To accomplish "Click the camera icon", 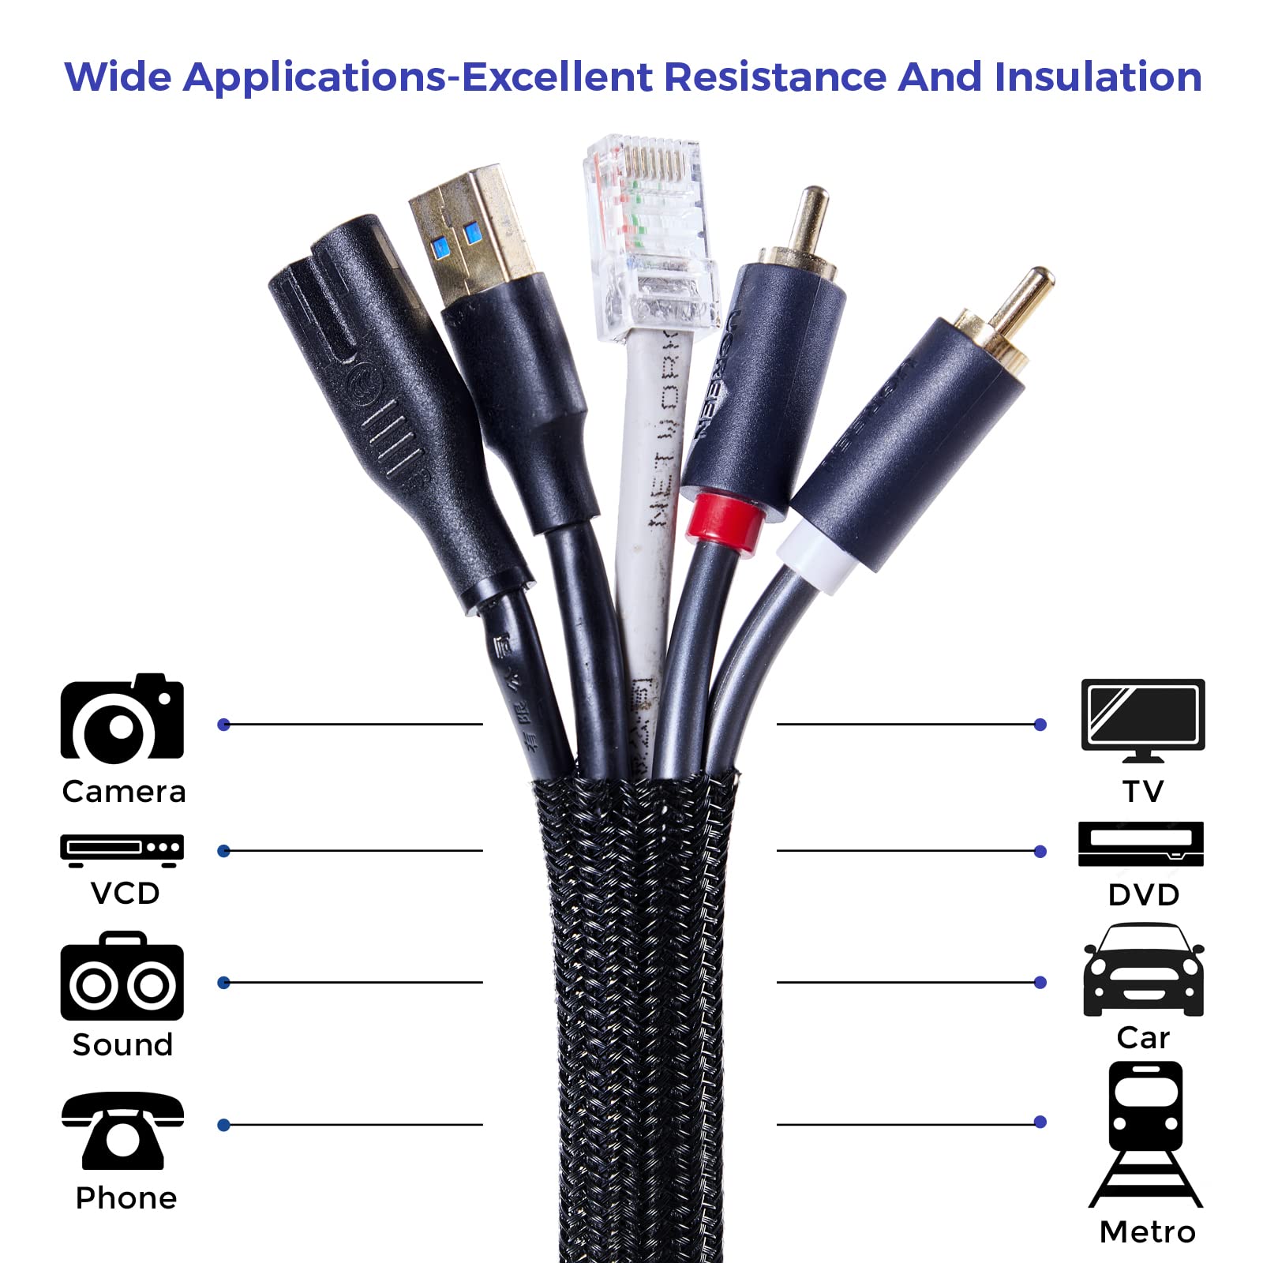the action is click(x=122, y=719).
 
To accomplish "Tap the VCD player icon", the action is click(x=122, y=849).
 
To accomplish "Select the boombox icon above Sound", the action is click(x=122, y=977).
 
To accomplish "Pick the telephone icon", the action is click(x=122, y=1130).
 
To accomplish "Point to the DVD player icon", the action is click(x=1141, y=844).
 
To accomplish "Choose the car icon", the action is click(x=1143, y=972).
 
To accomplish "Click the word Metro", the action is click(x=1147, y=1232).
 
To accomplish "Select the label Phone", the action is click(x=126, y=1198).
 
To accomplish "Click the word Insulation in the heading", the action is click(x=1097, y=77).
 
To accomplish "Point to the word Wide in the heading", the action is click(x=118, y=77).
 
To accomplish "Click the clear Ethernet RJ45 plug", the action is click(x=649, y=237).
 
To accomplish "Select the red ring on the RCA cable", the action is click(x=725, y=519).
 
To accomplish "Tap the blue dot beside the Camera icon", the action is click(x=224, y=725).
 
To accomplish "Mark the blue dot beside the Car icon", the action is click(x=1040, y=982).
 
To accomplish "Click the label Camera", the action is click(x=124, y=792).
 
